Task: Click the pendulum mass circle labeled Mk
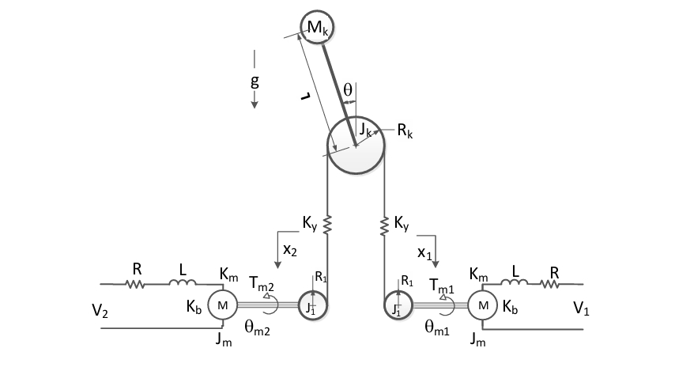click(317, 28)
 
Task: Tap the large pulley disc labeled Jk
click(356, 146)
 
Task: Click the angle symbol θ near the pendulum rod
click(346, 90)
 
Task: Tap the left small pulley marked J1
click(311, 305)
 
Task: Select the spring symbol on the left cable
click(327, 225)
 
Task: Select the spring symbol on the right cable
click(384, 225)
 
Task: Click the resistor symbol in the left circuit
click(135, 282)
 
